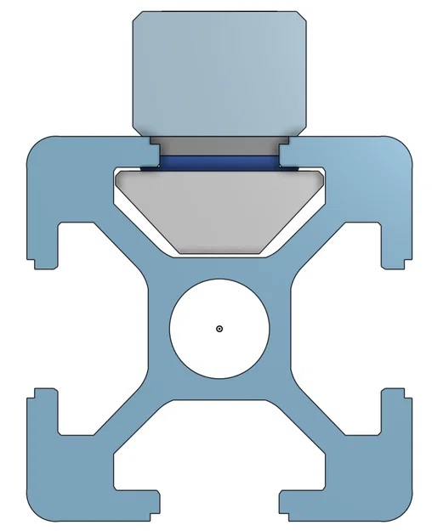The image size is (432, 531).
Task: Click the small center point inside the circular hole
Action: click(219, 328)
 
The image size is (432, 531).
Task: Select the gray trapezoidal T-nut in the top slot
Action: click(219, 208)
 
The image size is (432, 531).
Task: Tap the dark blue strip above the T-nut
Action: click(219, 160)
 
